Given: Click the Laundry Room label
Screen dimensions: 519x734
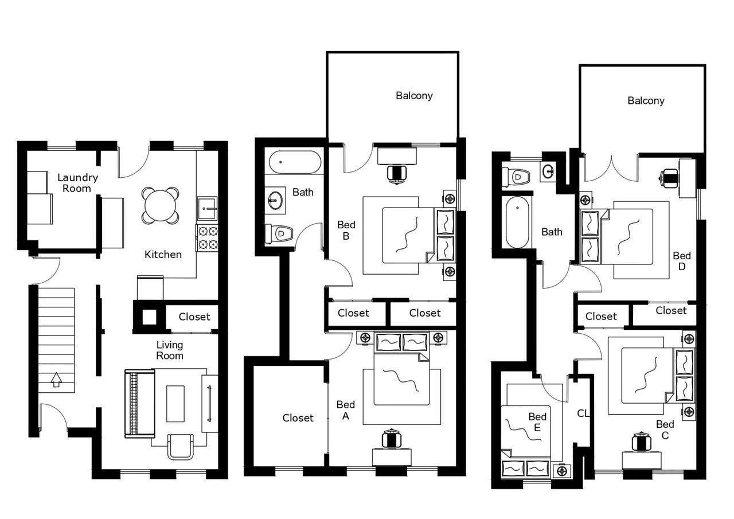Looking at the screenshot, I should pos(77,183).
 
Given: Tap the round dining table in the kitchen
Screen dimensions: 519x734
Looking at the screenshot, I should pos(161,205).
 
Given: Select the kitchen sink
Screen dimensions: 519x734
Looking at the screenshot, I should pos(206,209).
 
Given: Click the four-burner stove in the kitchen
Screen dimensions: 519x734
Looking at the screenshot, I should pos(207,237).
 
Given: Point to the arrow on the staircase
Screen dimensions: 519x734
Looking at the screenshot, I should pos(56,380).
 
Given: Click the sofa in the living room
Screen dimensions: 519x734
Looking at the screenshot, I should pos(139,404).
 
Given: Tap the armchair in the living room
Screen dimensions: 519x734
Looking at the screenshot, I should pos(180,446).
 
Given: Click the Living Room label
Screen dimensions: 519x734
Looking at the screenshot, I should pos(170,350).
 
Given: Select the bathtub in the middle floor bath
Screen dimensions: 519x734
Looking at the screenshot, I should pos(295,162).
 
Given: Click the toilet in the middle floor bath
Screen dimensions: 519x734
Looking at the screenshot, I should pos(279,233).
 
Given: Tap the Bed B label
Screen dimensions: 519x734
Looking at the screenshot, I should pos(346,230).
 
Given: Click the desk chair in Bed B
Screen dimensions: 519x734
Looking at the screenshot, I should pos(396,173).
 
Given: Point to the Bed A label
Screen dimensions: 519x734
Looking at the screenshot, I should pos(346,410).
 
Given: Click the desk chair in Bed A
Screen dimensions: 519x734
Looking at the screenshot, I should pos(391,439).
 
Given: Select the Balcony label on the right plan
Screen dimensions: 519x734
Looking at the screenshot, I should pos(646,101).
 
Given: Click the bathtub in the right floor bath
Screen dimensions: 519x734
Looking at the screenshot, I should pos(517,222).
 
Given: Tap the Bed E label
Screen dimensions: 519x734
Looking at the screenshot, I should pos(537,422).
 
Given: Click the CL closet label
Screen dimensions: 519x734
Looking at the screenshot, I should pos(583,413).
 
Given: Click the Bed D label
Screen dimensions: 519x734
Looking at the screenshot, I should pos(682,261).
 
